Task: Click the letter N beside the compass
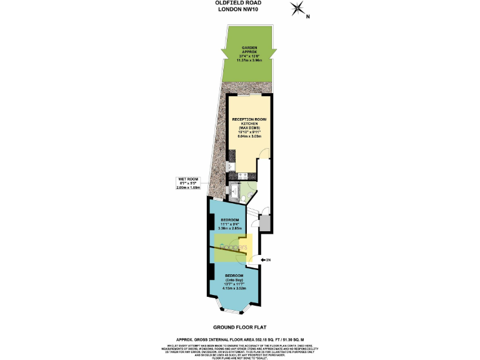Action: click(x=307, y=17)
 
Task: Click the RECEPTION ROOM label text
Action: click(x=249, y=119)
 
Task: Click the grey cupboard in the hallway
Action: click(x=264, y=222)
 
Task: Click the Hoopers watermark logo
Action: click(x=232, y=247)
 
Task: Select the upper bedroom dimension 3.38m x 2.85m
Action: click(x=231, y=229)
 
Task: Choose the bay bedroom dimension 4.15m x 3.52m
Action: click(x=234, y=289)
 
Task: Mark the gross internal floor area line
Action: click(x=240, y=337)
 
